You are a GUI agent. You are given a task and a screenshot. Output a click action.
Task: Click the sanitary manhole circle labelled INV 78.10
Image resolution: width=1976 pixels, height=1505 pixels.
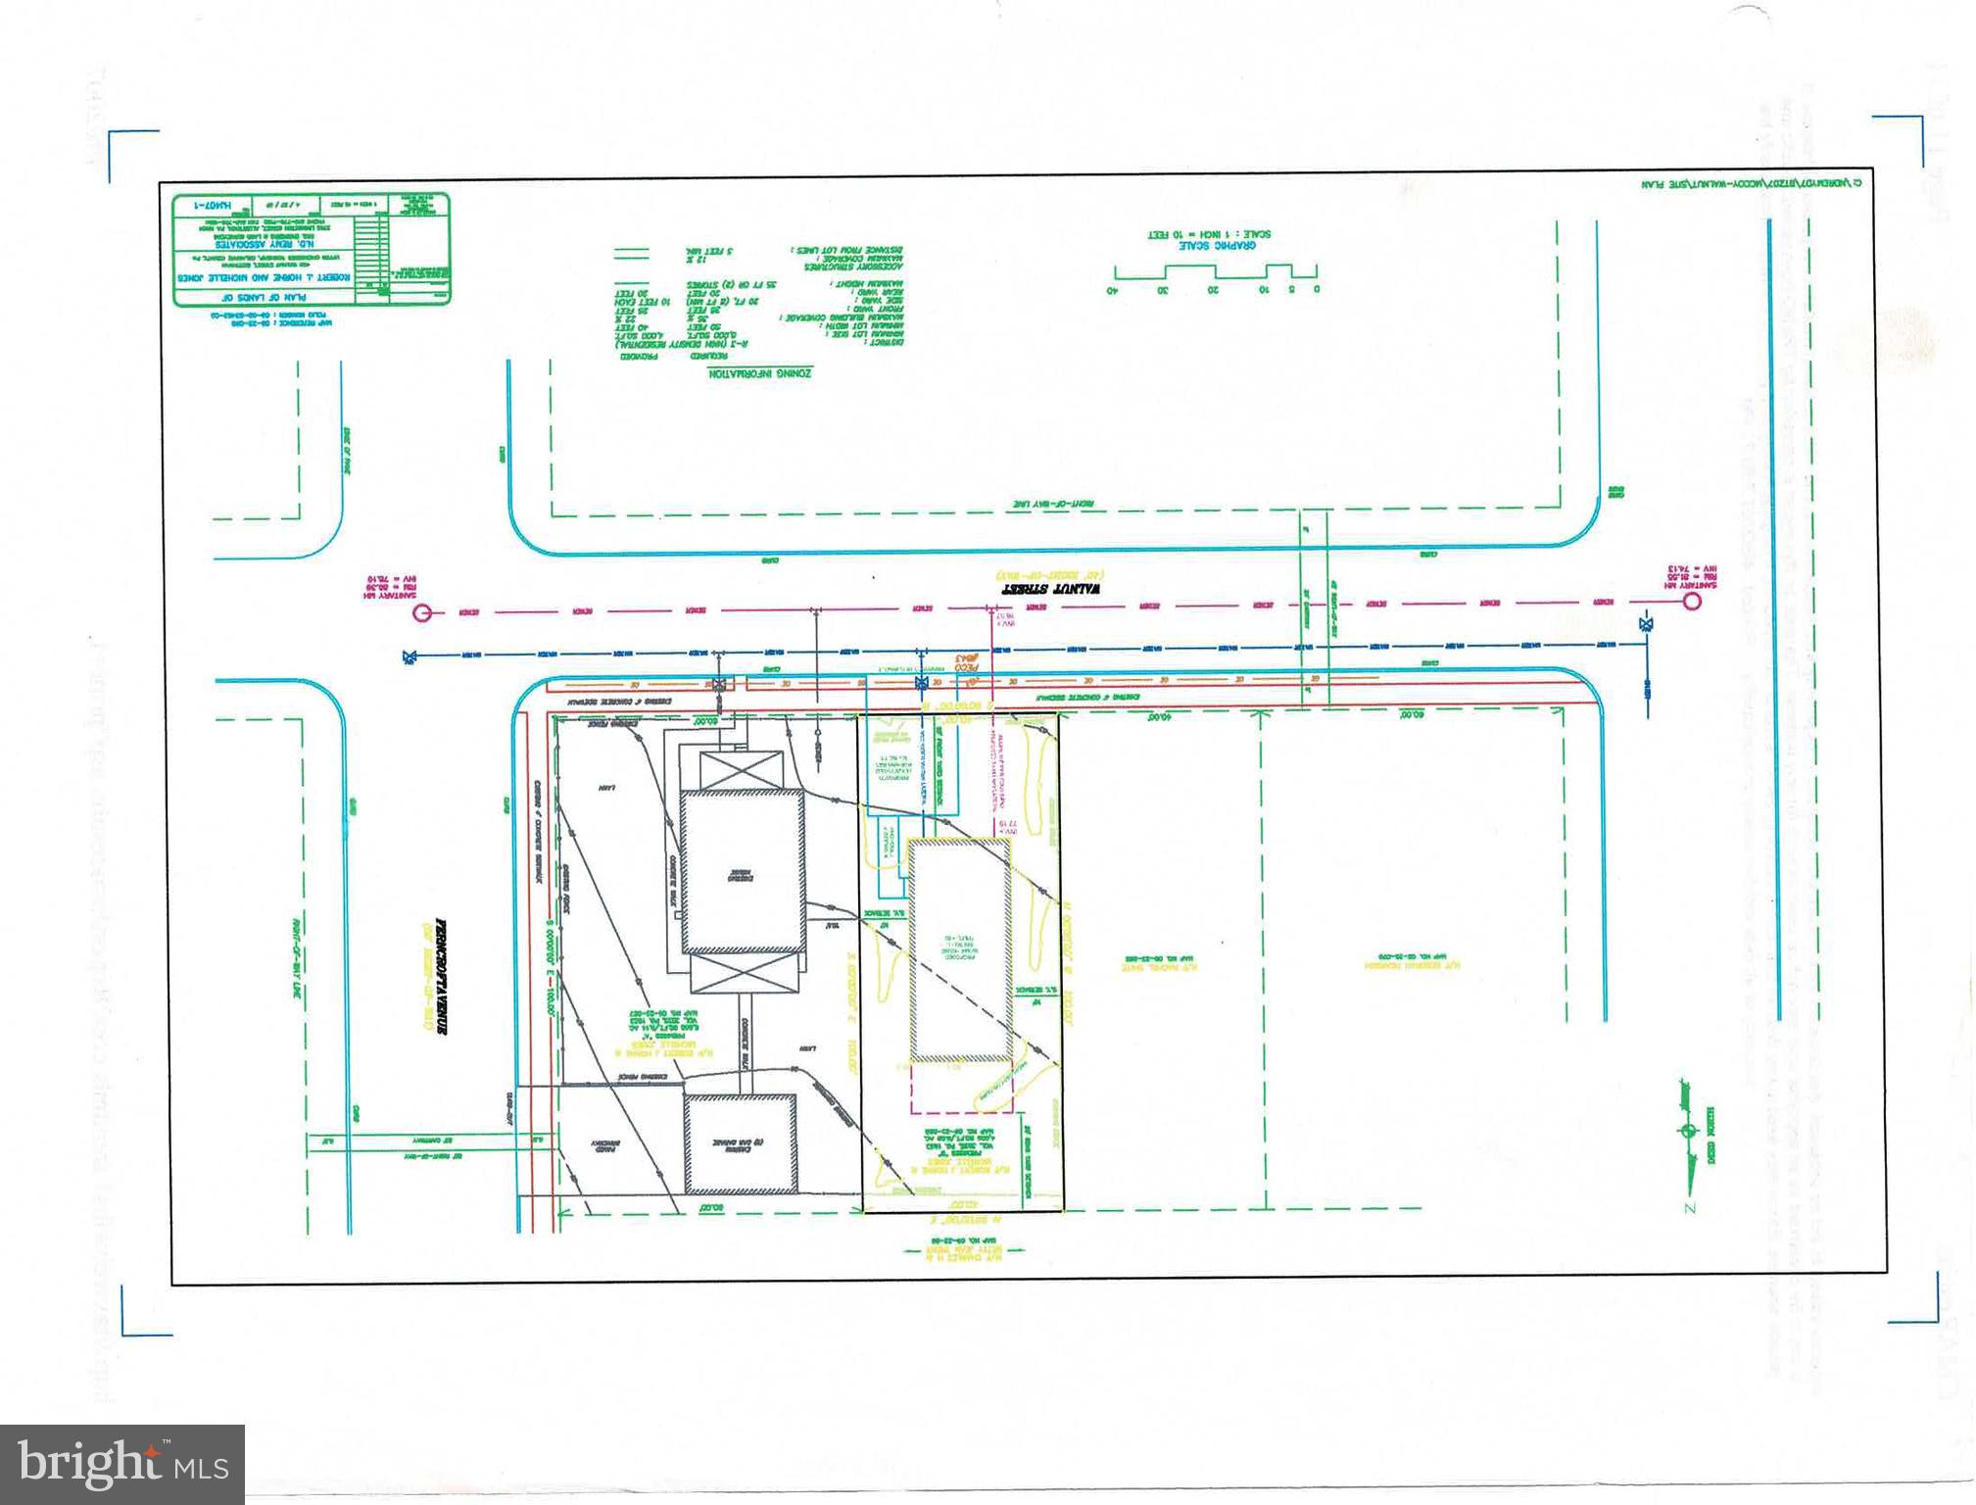tap(423, 613)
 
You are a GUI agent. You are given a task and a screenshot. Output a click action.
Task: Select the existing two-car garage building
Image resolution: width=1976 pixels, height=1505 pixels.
tap(740, 1143)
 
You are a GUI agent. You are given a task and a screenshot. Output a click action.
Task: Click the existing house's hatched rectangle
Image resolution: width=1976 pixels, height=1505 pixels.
tap(743, 872)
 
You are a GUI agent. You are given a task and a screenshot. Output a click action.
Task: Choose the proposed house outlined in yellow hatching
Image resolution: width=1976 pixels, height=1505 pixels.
tap(960, 950)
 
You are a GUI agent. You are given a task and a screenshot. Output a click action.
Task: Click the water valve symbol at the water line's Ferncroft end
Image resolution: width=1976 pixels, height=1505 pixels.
tap(409, 657)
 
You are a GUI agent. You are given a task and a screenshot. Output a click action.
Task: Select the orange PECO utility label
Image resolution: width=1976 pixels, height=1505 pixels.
tap(964, 662)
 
